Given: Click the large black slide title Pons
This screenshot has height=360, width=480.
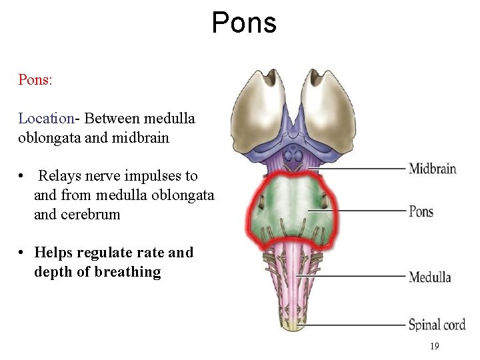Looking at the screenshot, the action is pyautogui.click(x=244, y=23).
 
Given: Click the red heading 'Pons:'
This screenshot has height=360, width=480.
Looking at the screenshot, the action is pyautogui.click(x=35, y=79).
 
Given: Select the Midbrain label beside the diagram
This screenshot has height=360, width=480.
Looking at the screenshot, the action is pyautogui.click(x=432, y=169).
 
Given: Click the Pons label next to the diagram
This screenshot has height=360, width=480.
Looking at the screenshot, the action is pyautogui.click(x=421, y=212).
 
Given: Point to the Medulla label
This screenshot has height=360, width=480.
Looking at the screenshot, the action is pyautogui.click(x=429, y=277).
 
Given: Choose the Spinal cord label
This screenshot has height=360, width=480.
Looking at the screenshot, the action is pyautogui.click(x=437, y=325).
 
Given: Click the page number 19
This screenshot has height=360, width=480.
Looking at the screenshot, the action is pyautogui.click(x=435, y=346).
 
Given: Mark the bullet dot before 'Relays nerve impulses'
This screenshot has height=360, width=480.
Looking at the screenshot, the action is pyautogui.click(x=22, y=177).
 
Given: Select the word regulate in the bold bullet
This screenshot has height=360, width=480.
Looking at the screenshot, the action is pyautogui.click(x=103, y=253).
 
